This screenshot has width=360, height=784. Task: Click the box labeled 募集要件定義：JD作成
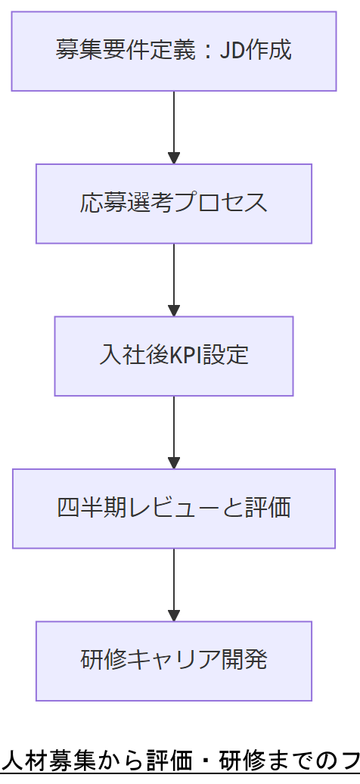pyautogui.click(x=173, y=51)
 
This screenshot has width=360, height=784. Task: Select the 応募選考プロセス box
pyautogui.click(x=173, y=204)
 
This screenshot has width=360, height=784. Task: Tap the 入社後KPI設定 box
pyautogui.click(x=173, y=356)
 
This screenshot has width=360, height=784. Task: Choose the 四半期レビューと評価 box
pyautogui.click(x=173, y=508)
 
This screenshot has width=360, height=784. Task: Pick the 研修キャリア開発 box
pyautogui.click(x=173, y=661)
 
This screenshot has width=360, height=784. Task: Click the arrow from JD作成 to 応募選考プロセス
pyautogui.click(x=174, y=127)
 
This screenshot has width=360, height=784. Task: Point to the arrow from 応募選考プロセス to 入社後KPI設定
pyautogui.click(x=174, y=279)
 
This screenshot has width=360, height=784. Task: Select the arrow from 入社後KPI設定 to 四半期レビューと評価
pyautogui.click(x=174, y=432)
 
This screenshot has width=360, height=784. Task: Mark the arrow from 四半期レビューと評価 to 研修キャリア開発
pyautogui.click(x=174, y=584)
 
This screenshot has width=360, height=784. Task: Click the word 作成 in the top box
pyautogui.click(x=269, y=51)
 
